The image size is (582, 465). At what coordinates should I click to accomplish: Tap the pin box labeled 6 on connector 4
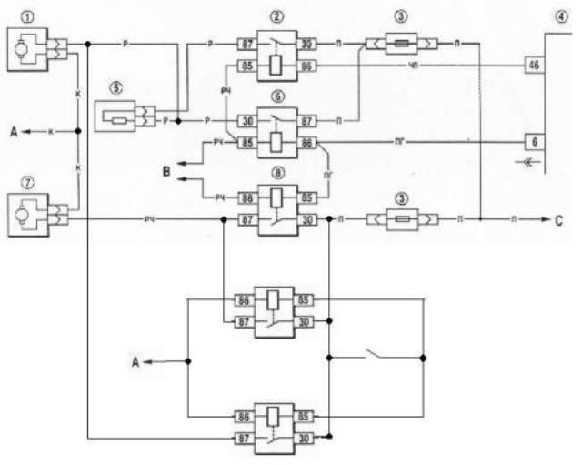pyautogui.click(x=533, y=142)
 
